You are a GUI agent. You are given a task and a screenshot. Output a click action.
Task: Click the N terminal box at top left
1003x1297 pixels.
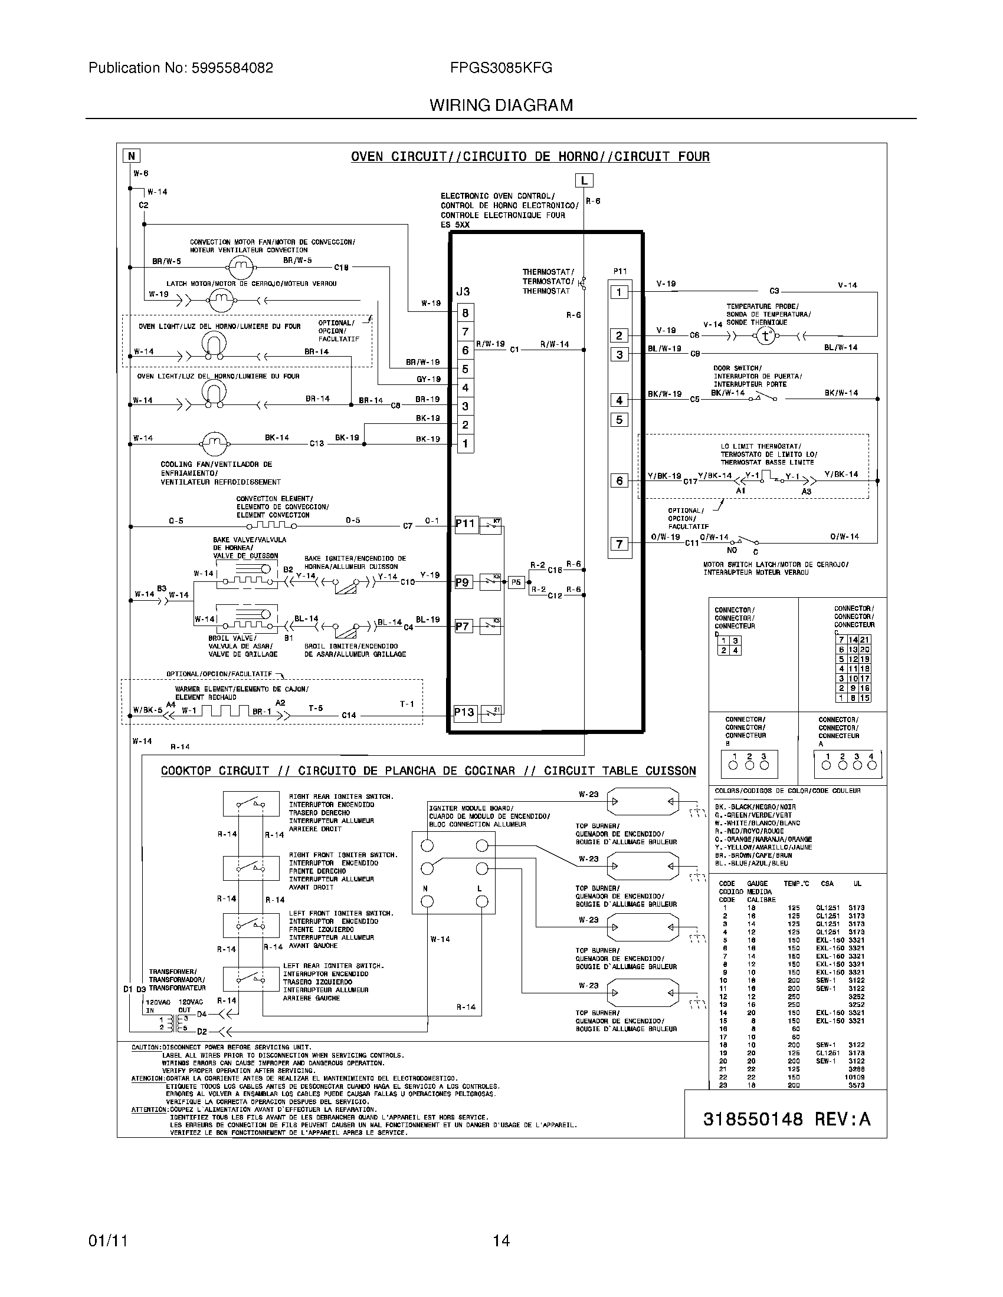point(131,156)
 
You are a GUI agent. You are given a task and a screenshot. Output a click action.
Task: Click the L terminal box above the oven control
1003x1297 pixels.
point(584,180)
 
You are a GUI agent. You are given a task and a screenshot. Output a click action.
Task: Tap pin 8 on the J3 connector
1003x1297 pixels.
point(466,313)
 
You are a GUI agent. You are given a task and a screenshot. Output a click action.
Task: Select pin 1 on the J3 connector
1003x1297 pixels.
point(466,443)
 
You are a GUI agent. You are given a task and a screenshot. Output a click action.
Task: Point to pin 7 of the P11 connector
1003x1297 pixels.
point(619,544)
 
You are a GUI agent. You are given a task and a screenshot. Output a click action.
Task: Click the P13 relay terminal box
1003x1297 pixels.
point(464,712)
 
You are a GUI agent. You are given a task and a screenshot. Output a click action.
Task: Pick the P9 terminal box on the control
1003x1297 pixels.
point(463,582)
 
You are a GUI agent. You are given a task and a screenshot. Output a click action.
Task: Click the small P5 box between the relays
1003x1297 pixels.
point(516,582)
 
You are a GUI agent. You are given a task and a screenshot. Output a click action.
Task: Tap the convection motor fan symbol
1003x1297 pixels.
point(241,268)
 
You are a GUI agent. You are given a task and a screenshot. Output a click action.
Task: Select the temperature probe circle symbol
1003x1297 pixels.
point(766,336)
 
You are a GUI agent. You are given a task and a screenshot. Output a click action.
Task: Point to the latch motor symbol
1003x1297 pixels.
point(221,301)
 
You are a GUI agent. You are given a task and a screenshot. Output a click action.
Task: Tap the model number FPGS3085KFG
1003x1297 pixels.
point(501,68)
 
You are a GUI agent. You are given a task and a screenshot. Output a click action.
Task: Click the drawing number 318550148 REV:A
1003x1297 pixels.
point(786,1120)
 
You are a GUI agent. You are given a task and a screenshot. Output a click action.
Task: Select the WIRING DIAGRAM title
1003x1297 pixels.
point(501,106)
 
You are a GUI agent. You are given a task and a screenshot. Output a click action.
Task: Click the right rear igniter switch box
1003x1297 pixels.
point(251,804)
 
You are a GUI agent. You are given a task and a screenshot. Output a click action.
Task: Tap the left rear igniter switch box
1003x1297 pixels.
point(251,980)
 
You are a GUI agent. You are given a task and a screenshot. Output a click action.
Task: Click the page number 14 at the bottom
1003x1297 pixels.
point(501,1240)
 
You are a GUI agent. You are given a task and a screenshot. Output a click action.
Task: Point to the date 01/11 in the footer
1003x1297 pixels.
point(107,1240)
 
